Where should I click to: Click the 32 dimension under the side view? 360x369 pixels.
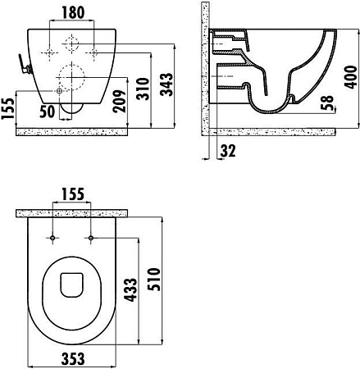(227, 151)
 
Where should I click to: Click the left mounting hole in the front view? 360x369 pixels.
(52, 51)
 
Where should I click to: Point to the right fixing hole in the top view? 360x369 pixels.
(89, 238)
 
